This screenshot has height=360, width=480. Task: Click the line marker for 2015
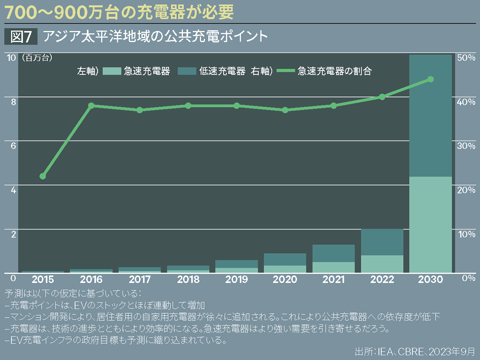pos(43,176)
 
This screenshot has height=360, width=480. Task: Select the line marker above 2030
pos(430,79)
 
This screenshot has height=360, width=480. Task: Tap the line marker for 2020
pos(285,110)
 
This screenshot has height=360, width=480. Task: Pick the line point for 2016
pos(91,106)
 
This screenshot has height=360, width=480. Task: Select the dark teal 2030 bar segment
pos(430,116)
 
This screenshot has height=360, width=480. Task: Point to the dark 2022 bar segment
pos(382,242)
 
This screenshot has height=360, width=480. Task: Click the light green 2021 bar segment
pos(334,267)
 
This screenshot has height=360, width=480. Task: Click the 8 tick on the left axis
pos(13,102)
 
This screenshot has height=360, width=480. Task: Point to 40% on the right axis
pos(466,102)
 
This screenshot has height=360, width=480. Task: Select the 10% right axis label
pos(466,234)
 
